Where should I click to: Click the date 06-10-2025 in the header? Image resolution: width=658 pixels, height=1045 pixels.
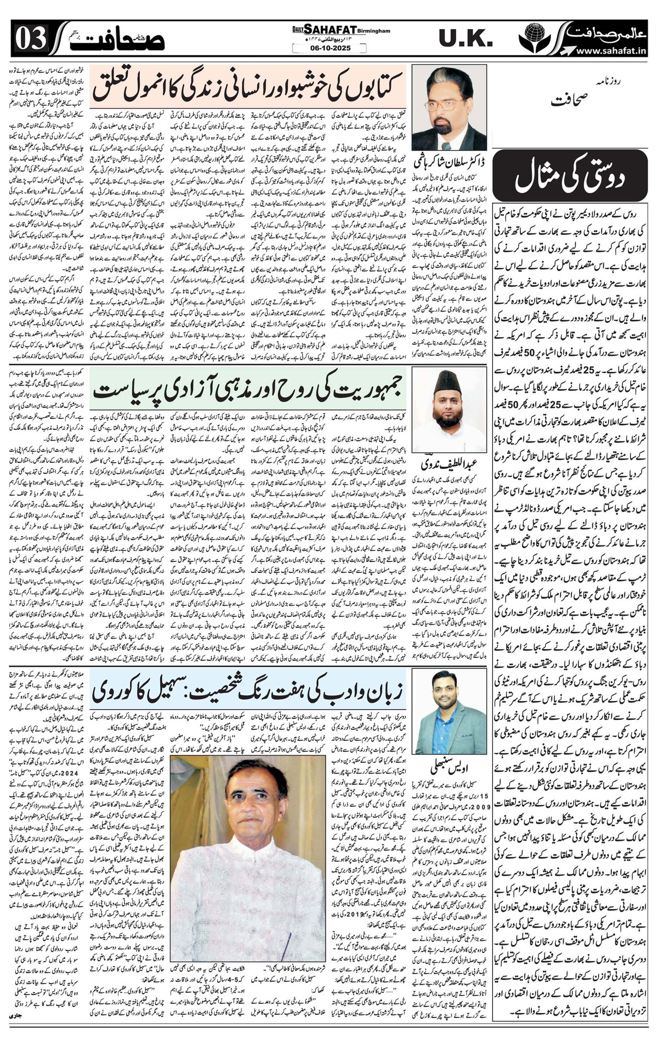pos(328,48)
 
